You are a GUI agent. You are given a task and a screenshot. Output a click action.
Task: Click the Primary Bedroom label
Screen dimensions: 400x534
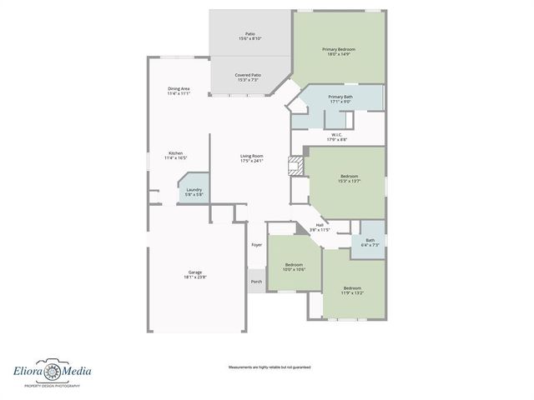coord(338,52)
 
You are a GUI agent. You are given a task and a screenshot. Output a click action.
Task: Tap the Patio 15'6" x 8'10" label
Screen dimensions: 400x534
coord(250,37)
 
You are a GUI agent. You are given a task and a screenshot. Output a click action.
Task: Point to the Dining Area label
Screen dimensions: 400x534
coord(179,91)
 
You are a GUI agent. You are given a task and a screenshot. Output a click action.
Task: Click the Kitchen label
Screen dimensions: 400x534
coord(176,155)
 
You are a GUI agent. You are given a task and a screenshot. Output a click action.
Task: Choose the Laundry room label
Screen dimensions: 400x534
coord(194,192)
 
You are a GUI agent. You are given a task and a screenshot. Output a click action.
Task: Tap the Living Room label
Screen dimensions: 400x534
coord(252,157)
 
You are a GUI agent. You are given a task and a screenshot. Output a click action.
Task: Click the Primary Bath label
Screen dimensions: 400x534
coord(340,99)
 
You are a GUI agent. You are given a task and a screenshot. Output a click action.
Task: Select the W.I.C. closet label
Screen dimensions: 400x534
coord(336,137)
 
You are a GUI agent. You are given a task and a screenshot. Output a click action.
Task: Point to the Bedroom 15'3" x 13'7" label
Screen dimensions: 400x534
coord(349,178)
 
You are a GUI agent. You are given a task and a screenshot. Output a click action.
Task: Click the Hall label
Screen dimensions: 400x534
coord(320,226)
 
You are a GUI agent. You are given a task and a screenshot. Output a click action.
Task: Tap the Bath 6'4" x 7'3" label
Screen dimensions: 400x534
coord(370,242)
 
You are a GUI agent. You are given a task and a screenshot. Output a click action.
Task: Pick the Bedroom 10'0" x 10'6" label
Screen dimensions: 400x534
coord(295,267)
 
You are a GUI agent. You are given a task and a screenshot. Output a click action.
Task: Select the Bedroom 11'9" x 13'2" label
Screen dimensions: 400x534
coord(352,291)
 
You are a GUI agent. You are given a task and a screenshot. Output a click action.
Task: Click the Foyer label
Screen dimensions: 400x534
coord(256,245)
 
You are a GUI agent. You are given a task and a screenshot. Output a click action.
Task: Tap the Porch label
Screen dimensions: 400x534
coord(256,282)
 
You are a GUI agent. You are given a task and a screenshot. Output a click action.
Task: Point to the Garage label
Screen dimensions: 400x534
coord(195,275)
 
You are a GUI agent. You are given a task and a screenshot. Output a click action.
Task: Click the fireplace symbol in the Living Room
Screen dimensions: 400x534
coord(294,165)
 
